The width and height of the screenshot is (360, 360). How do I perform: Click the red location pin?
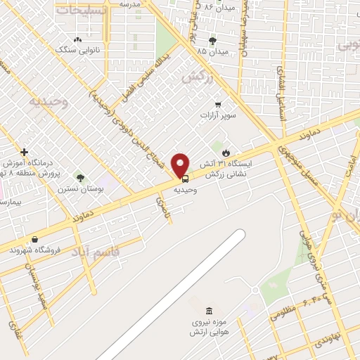pyautogui.click(x=181, y=165)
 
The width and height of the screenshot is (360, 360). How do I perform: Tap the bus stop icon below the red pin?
pyautogui.click(x=185, y=179)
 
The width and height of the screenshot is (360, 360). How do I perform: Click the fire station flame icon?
pyautogui.click(x=226, y=153)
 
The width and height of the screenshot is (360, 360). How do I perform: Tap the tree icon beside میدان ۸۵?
pyautogui.click(x=212, y=41)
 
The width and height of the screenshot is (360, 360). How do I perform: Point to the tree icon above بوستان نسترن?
pyautogui.click(x=80, y=178)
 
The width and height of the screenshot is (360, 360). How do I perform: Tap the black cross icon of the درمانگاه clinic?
pyautogui.click(x=25, y=152)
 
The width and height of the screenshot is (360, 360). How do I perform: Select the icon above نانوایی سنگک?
pyautogui.click(x=77, y=39)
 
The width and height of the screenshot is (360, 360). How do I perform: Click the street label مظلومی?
pyautogui.click(x=284, y=310)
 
